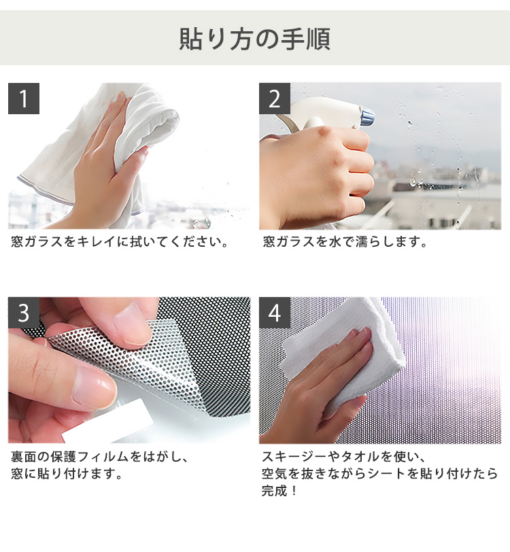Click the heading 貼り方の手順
click(x=254, y=39)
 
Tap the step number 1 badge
click(x=24, y=99)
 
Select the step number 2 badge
click(x=275, y=99)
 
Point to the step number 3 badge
click(x=24, y=313)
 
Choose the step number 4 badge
click(x=275, y=313)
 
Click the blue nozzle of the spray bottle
click(x=368, y=118)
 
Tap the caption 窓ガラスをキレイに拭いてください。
click(x=120, y=242)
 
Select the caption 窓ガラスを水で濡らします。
click(x=345, y=242)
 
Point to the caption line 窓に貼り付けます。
click(x=66, y=474)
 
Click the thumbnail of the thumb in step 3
click(x=92, y=387)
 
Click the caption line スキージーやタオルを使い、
click(x=344, y=457)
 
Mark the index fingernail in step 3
click(x=131, y=324)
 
